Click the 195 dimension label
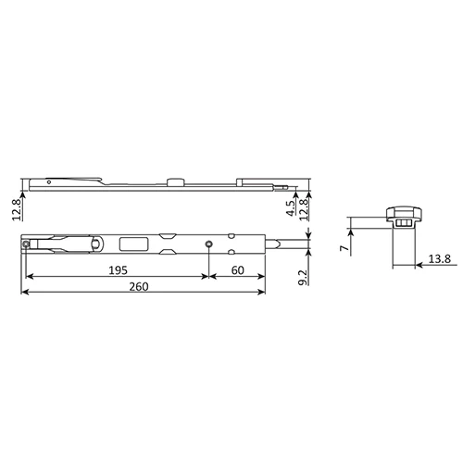(x=118, y=270)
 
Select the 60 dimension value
(x=238, y=270)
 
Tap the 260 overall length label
(x=139, y=287)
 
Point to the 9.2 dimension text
(x=303, y=278)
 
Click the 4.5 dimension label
(x=291, y=208)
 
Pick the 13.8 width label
(x=440, y=258)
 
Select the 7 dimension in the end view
(x=344, y=248)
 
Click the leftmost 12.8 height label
(x=17, y=210)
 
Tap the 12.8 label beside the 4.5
(x=304, y=209)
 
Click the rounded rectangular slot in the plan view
(x=133, y=244)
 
